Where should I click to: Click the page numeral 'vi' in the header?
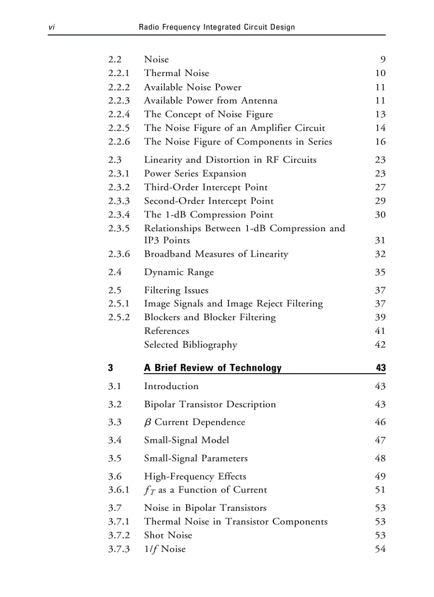[x=52, y=27]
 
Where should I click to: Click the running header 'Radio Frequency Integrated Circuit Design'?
[x=216, y=27]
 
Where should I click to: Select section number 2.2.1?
[x=119, y=73]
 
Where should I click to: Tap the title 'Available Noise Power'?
[x=193, y=87]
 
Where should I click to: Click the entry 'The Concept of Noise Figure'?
[x=208, y=114]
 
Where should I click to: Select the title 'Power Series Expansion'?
[x=195, y=174]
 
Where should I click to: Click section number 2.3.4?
[x=119, y=215]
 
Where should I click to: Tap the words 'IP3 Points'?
[x=166, y=240]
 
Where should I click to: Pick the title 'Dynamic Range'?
[x=179, y=272]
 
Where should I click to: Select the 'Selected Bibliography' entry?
[x=190, y=344]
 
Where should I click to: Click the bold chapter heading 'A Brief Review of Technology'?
[x=213, y=368]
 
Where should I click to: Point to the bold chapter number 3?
[x=111, y=368]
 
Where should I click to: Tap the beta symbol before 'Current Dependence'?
[x=148, y=423]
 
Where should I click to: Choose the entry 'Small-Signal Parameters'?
[x=196, y=458]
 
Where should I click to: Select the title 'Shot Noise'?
[x=168, y=535]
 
